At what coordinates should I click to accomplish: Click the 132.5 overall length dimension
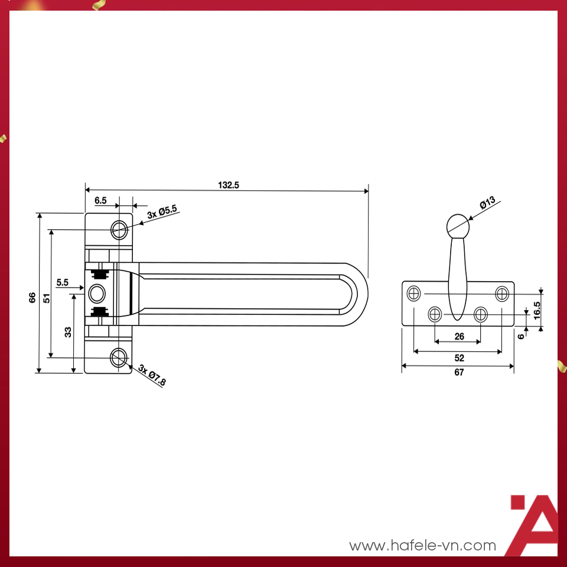click(229, 185)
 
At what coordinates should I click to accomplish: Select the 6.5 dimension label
click(100, 200)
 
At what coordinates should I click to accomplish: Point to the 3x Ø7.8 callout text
click(152, 375)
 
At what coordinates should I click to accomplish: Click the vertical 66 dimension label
click(32, 297)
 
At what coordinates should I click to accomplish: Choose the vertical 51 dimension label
click(46, 297)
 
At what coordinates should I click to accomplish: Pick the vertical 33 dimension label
click(68, 332)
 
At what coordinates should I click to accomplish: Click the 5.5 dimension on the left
click(63, 283)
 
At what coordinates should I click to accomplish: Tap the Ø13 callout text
click(487, 202)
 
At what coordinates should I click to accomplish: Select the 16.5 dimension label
click(536, 309)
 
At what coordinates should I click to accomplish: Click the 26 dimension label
click(459, 337)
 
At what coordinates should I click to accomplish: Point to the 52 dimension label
click(459, 358)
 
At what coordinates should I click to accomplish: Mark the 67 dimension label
click(459, 372)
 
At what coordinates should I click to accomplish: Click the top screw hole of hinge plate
click(119, 229)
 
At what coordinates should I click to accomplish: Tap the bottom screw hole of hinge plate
click(119, 357)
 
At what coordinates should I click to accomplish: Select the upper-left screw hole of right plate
click(415, 293)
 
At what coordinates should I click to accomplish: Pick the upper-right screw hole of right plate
click(502, 293)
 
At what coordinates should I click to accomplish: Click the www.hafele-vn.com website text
click(422, 546)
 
